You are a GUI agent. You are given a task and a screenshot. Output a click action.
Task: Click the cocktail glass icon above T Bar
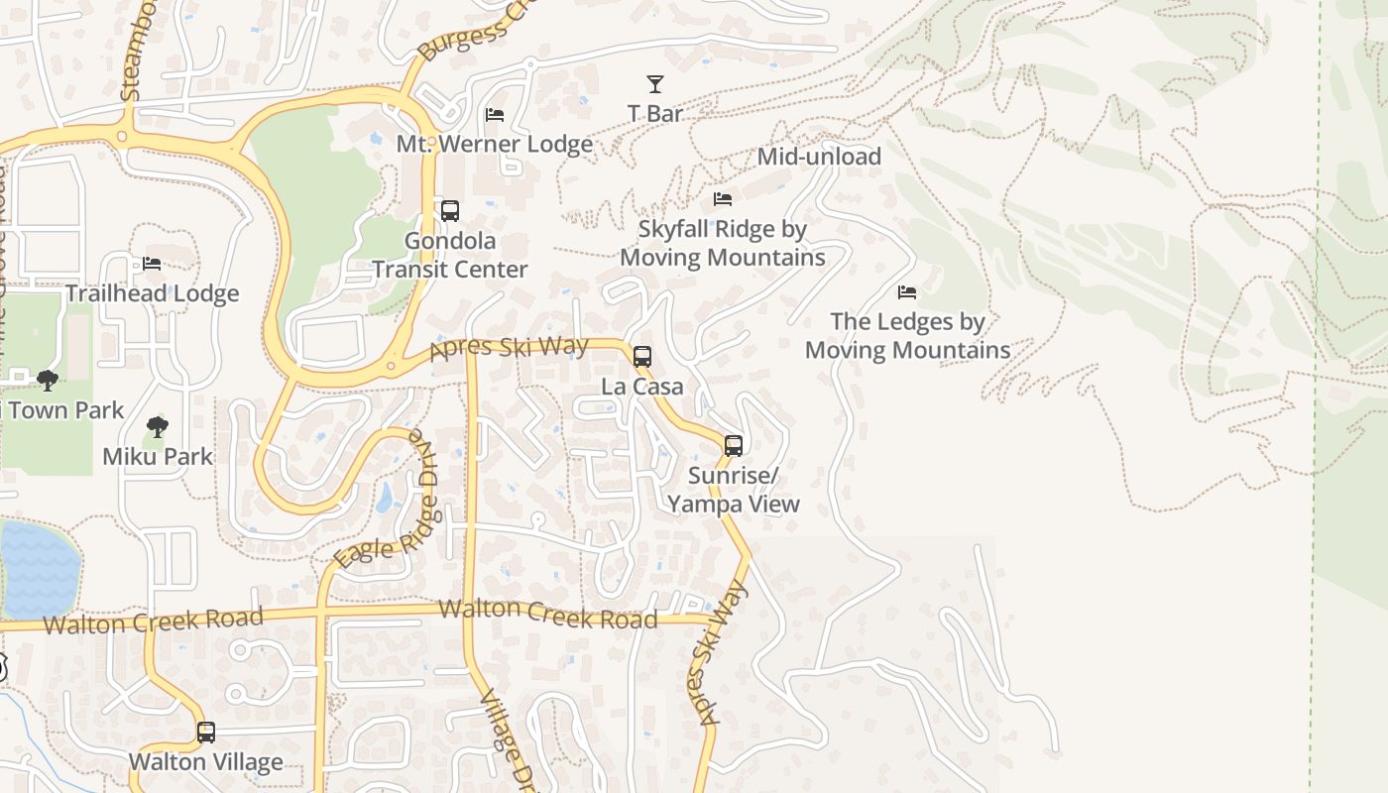[654, 84]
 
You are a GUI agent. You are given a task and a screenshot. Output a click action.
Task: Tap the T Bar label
[655, 114]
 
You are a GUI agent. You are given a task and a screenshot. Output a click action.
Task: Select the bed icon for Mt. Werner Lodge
[495, 115]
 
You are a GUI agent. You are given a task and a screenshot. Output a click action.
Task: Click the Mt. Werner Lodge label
[495, 144]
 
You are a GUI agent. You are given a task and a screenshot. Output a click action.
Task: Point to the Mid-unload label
[819, 157]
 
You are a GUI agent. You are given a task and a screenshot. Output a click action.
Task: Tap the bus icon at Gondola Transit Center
[450, 211]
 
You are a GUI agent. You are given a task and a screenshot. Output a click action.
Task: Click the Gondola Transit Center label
[450, 255]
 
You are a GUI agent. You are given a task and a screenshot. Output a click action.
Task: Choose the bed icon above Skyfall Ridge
[723, 199]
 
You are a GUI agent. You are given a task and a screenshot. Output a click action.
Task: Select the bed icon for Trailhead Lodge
[152, 264]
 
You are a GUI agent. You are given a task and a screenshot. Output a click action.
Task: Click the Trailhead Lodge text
[152, 293]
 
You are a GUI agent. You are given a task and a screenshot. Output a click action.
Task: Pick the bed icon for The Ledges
[907, 292]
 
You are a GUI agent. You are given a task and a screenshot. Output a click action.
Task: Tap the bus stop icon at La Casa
[642, 357]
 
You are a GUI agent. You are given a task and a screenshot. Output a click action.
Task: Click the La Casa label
[642, 387]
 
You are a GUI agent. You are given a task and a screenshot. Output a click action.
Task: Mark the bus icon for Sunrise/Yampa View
[734, 446]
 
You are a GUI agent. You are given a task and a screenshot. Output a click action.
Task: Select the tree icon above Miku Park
[157, 428]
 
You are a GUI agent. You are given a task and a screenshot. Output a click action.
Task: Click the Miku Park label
[158, 457]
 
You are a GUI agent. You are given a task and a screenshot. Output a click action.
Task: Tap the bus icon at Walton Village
[206, 733]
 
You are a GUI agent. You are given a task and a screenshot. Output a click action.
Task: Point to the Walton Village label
[206, 762]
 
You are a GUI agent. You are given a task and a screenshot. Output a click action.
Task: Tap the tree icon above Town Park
[47, 381]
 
